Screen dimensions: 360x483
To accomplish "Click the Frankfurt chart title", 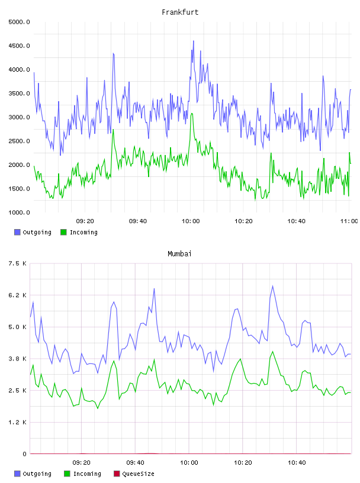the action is coord(180,12).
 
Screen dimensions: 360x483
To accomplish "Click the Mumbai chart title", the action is coord(179,254).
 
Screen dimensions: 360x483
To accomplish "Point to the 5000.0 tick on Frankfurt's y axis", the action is coord(19,22).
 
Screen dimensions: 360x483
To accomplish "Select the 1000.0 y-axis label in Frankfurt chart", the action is coord(19,212).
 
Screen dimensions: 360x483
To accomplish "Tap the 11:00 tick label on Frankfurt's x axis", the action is coord(349,221).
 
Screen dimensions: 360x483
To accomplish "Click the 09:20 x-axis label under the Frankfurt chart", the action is coord(85,221).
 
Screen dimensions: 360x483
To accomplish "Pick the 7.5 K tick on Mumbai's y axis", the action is coord(18,263).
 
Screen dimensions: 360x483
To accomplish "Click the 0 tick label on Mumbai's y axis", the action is coord(24,454).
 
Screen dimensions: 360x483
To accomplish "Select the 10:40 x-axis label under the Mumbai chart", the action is coord(297,463).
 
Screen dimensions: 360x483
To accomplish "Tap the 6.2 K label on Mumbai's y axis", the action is coord(18,295).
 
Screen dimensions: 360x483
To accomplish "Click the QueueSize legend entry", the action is coord(134,474).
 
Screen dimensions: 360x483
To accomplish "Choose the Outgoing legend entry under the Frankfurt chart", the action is coord(33,232).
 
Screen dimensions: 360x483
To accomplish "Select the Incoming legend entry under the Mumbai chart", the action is coord(83,474).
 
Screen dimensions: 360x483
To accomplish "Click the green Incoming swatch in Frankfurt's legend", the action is coord(63,232).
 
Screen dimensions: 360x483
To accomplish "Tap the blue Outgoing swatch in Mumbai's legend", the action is coord(17,474).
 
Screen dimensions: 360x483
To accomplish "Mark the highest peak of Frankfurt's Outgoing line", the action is coord(194,41).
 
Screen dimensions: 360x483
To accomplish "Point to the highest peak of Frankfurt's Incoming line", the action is coord(192,114).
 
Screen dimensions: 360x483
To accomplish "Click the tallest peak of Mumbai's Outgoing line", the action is coord(272,286).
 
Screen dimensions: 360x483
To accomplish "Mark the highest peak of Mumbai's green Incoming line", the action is coord(272,352).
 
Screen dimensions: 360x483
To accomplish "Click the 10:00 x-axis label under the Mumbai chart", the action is coord(189,463).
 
